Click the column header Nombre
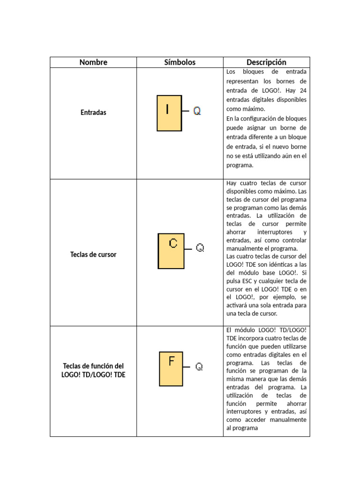tap(93, 62)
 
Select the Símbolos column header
tap(180, 62)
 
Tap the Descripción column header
tap(266, 62)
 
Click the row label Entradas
tap(93, 112)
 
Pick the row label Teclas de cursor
tap(93, 255)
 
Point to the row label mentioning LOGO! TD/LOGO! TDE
tap(93, 370)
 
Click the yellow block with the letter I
tap(168, 112)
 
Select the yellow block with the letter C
tap(171, 251)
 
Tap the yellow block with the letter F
tap(172, 368)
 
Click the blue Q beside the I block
tap(197, 111)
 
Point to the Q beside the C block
tap(200, 248)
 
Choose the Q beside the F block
tap(199, 367)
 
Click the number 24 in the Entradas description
tap(302, 90)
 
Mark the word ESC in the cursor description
tap(250, 280)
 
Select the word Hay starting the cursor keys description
tap(232, 183)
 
